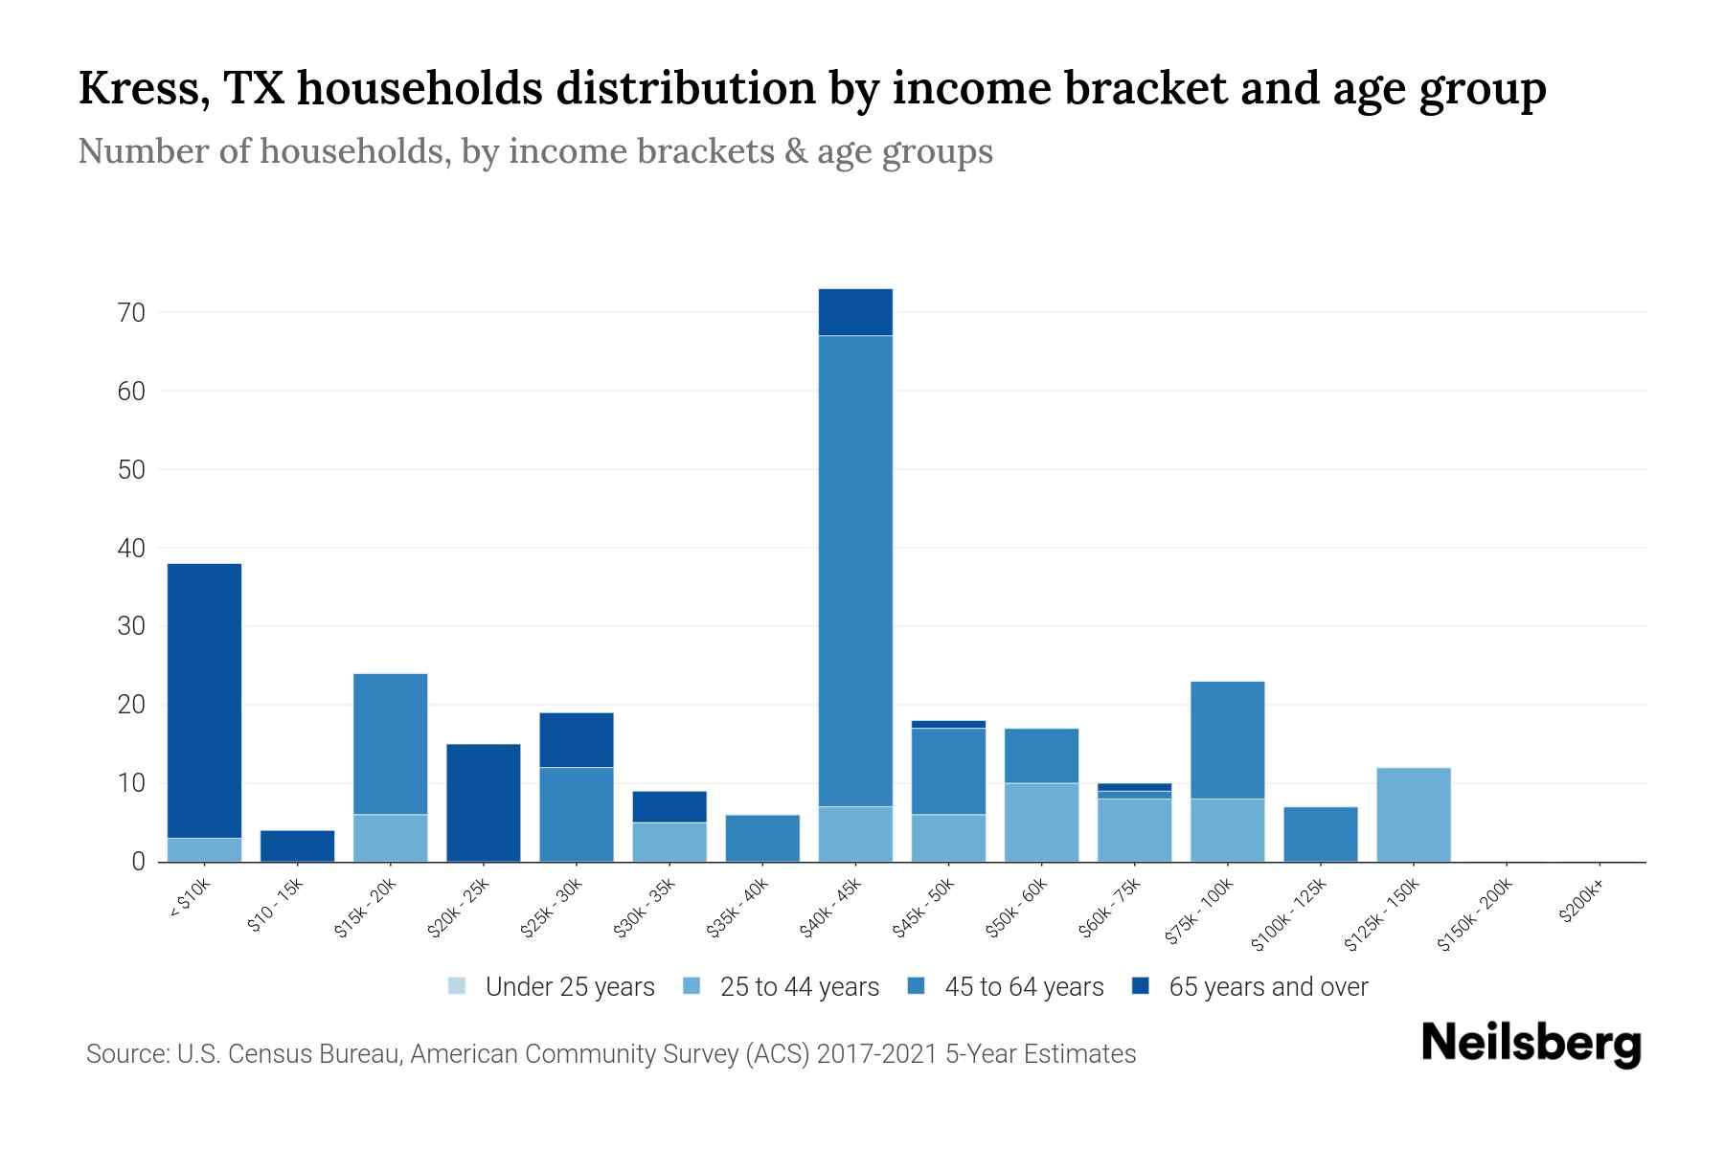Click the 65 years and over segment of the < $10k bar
pyautogui.click(x=204, y=700)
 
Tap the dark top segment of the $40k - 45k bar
pyautogui.click(x=855, y=312)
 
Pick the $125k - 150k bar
pyautogui.click(x=1414, y=815)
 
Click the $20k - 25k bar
pyautogui.click(x=484, y=802)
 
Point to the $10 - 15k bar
pyautogui.click(x=297, y=845)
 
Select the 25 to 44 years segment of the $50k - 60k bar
pyautogui.click(x=1041, y=822)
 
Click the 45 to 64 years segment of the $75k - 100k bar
pyautogui.click(x=1227, y=739)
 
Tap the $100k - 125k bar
pyautogui.click(x=1321, y=834)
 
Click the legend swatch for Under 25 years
pyautogui.click(x=457, y=986)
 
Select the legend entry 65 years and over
pyautogui.click(x=1267, y=987)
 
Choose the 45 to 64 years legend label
pyautogui.click(x=1024, y=987)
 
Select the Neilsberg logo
pyautogui.click(x=1531, y=1044)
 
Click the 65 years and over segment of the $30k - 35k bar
pyautogui.click(x=669, y=806)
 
